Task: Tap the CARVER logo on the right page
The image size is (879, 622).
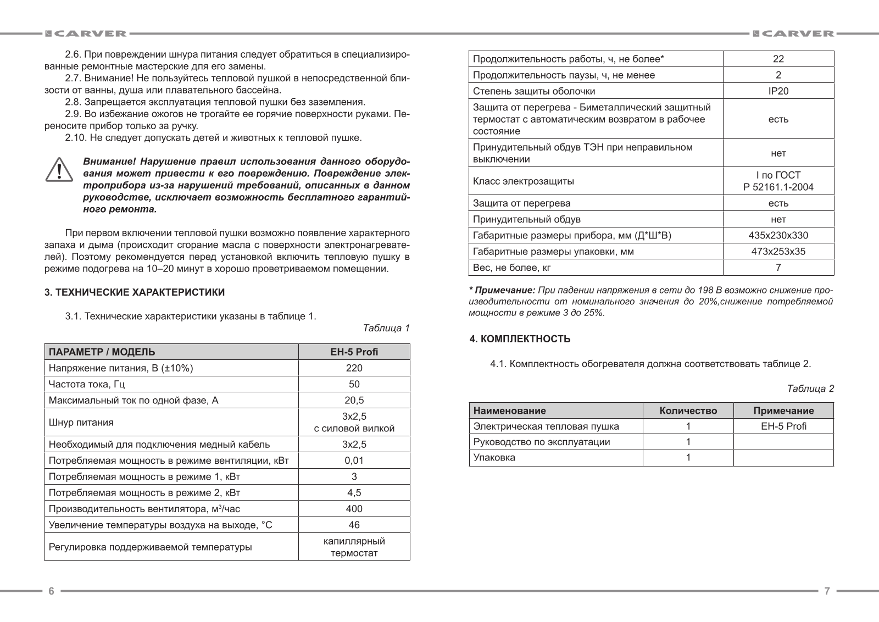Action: [794, 34]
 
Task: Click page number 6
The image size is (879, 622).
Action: [51, 591]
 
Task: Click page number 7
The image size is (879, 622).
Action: [827, 591]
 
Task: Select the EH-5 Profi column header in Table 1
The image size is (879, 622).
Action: [354, 352]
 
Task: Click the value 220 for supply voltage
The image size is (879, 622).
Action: [354, 368]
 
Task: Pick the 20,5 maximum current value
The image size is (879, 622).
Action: [354, 401]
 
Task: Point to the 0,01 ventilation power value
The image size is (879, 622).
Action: [354, 460]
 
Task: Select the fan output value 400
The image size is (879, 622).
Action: [354, 509]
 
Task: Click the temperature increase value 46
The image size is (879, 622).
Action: [354, 525]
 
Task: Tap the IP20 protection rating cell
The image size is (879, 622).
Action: [778, 91]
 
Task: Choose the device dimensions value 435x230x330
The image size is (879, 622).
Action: [778, 236]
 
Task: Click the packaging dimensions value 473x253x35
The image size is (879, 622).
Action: [778, 252]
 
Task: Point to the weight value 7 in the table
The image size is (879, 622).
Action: [778, 268]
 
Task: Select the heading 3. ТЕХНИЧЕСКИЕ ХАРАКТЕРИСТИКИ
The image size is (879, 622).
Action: [135, 292]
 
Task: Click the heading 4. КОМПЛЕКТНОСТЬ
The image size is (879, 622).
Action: [520, 339]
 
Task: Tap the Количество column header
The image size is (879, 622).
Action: [688, 410]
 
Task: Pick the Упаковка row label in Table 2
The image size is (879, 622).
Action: [494, 458]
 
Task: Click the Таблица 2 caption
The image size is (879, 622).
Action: [810, 388]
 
